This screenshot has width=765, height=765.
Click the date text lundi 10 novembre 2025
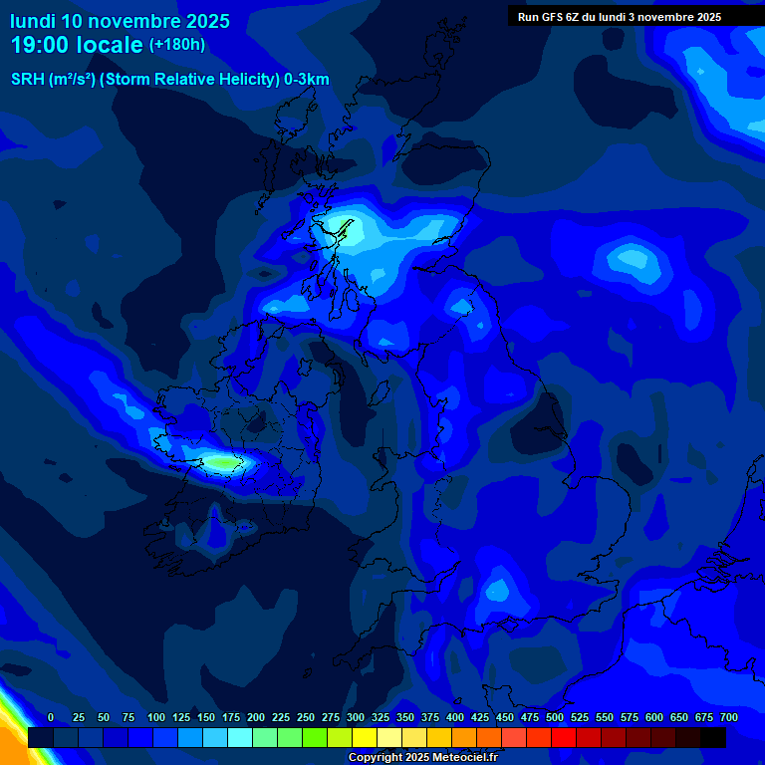(x=120, y=20)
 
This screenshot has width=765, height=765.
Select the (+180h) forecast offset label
(x=176, y=45)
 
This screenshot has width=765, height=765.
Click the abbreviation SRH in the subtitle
(x=28, y=80)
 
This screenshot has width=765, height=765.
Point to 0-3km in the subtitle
(x=307, y=80)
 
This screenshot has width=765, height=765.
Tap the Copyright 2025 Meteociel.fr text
(x=422, y=757)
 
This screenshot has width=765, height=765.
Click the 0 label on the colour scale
(x=51, y=717)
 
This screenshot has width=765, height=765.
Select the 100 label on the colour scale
(x=156, y=717)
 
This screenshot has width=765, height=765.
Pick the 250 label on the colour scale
(x=306, y=717)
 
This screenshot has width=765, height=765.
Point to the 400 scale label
(x=455, y=717)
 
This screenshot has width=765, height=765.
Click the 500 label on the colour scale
(x=555, y=717)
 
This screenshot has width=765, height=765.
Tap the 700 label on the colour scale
(x=729, y=717)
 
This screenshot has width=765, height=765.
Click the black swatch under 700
(x=713, y=738)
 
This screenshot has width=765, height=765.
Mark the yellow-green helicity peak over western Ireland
(x=223, y=462)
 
